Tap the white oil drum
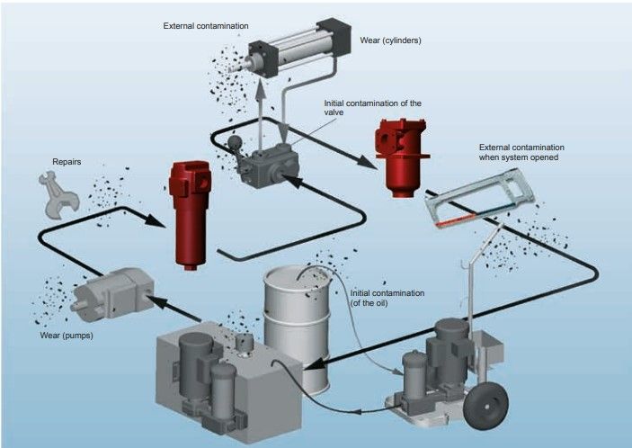pos(297,315)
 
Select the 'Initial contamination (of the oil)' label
pos(387,298)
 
